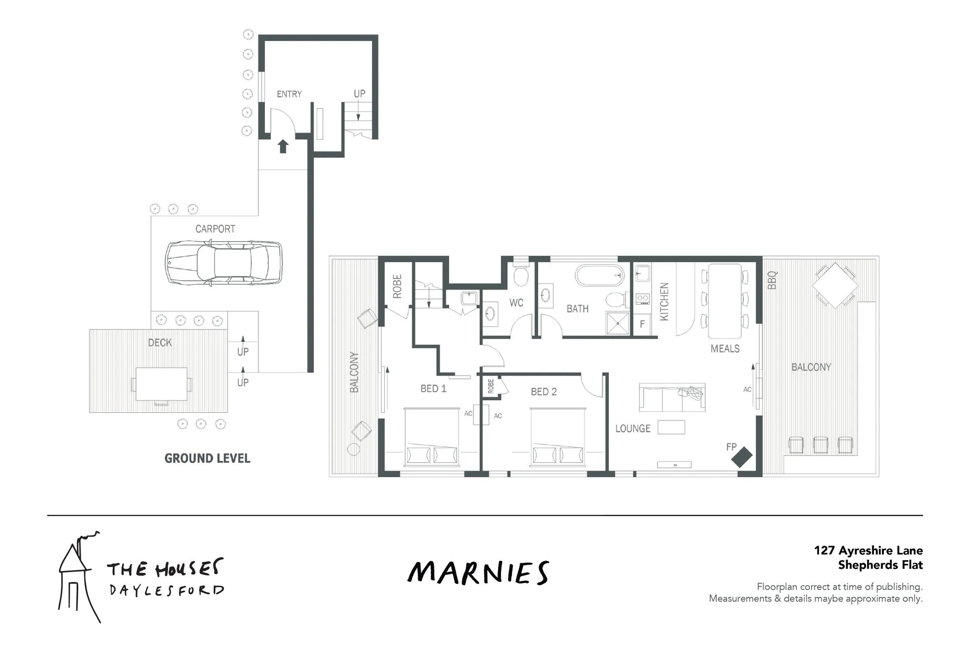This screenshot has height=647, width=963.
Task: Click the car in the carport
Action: [224, 263]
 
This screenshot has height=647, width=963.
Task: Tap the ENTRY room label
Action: [289, 94]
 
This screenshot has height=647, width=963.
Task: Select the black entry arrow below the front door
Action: [283, 146]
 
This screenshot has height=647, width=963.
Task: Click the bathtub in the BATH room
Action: [599, 275]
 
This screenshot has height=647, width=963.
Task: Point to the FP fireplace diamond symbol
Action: [742, 457]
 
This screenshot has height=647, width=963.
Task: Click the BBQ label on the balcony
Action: [772, 280]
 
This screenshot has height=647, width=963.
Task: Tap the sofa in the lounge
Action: [672, 398]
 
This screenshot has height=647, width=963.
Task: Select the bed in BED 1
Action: [432, 437]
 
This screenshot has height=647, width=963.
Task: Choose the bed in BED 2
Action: [558, 437]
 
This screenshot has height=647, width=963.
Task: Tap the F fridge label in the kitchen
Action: [642, 324]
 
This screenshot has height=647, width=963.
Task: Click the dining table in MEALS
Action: [724, 301]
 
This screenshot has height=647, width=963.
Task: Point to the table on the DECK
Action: [162, 384]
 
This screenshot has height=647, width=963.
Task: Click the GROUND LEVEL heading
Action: [207, 458]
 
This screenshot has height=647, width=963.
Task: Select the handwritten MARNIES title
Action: [478, 573]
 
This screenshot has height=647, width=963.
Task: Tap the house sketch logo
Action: [79, 577]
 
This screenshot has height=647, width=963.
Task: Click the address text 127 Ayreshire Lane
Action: [868, 551]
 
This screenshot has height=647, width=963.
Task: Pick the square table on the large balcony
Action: [835, 285]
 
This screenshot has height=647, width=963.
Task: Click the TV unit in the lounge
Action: [674, 465]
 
